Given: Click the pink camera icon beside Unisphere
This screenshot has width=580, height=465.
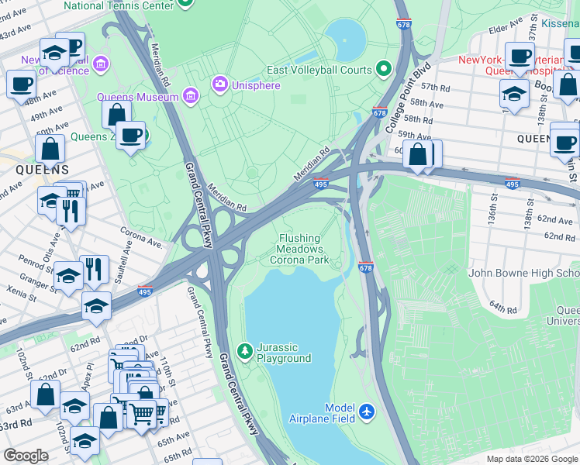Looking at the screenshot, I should pyautogui.click(x=220, y=84).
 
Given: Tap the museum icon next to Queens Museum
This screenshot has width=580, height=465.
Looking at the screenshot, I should pyautogui.click(x=191, y=97).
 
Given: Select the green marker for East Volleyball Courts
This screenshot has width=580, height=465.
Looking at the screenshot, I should pyautogui.click(x=383, y=70).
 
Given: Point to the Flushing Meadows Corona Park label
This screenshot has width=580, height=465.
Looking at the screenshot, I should pyautogui.click(x=300, y=250).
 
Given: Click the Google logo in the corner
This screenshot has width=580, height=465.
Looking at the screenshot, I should pyautogui.click(x=26, y=456).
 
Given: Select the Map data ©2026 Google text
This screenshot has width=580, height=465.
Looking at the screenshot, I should pyautogui.click(x=531, y=459).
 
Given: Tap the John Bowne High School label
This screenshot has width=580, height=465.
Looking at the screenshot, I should pyautogui.click(x=524, y=273).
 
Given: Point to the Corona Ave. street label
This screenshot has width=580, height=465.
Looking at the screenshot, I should pyautogui.click(x=140, y=237).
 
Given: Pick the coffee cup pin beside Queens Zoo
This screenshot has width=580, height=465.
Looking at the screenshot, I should pyautogui.click(x=130, y=135).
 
